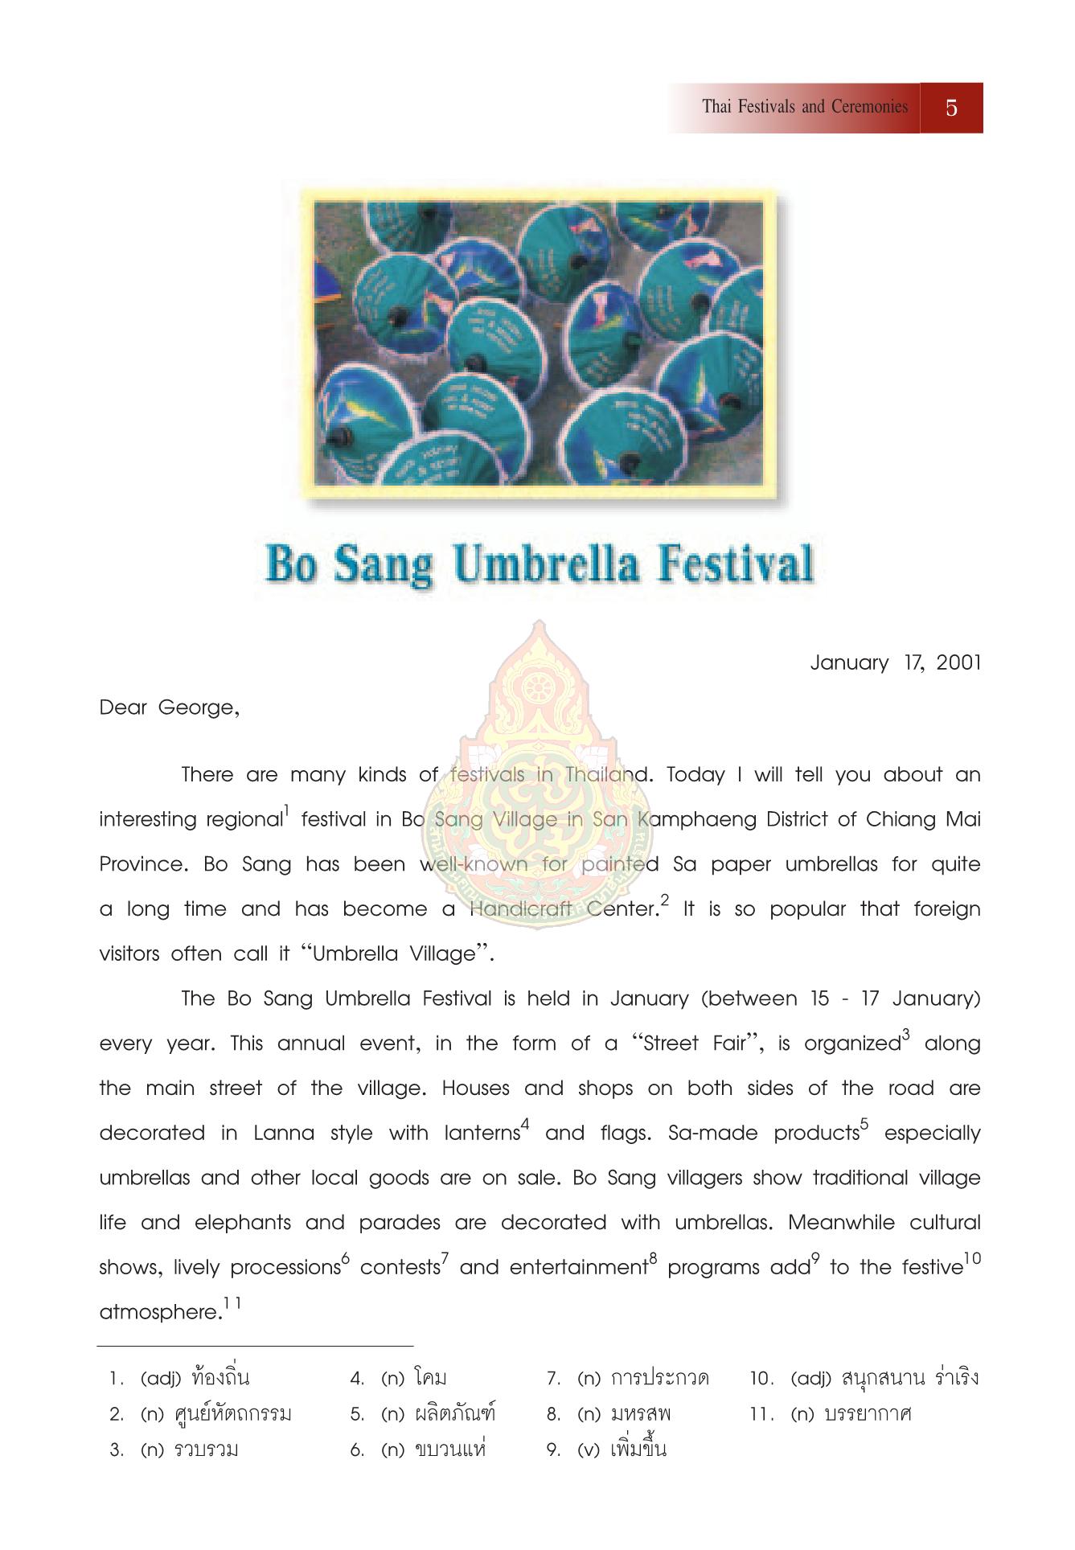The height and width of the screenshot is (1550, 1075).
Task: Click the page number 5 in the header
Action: click(951, 108)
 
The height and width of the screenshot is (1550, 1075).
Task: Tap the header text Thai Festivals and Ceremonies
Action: click(804, 107)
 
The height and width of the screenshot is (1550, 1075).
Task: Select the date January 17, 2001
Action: click(895, 663)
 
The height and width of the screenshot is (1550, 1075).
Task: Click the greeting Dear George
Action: click(169, 708)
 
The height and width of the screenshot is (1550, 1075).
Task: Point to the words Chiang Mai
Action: click(924, 819)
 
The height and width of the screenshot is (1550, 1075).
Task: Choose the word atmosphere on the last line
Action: click(159, 1313)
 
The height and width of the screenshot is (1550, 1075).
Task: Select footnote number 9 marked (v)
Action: click(553, 1450)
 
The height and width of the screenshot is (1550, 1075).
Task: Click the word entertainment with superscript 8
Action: click(577, 1268)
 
